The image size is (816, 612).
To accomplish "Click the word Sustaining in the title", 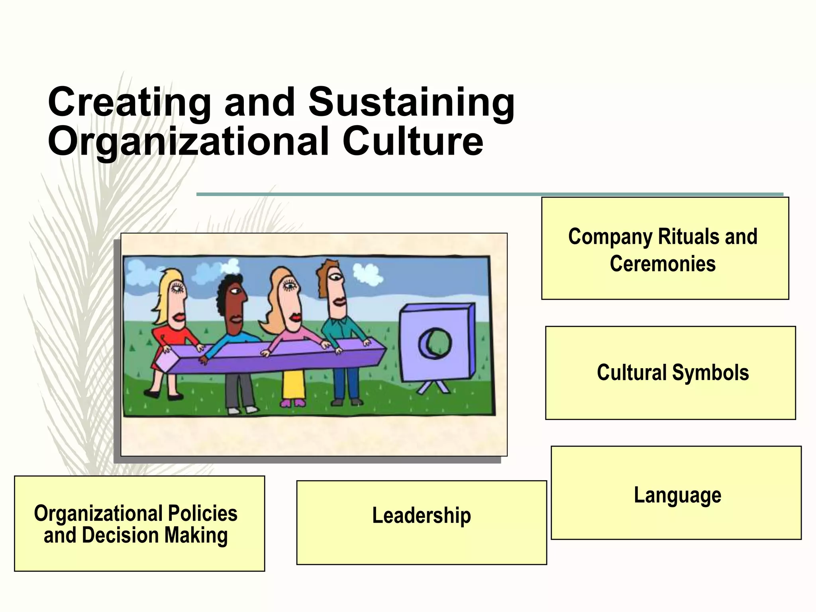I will (411, 102).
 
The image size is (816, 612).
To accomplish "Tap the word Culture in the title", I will (413, 141).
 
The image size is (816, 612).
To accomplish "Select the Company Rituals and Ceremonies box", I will (665, 248).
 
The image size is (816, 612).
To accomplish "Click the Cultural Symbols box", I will (670, 373).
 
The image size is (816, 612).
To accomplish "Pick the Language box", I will (676, 492).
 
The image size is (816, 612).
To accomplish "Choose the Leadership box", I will (421, 522).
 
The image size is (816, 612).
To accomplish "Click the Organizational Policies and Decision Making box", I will (139, 523).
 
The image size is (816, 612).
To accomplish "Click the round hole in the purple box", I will (435, 343).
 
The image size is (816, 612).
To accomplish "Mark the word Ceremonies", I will (662, 264).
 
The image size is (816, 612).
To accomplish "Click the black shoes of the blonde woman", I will (163, 395).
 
